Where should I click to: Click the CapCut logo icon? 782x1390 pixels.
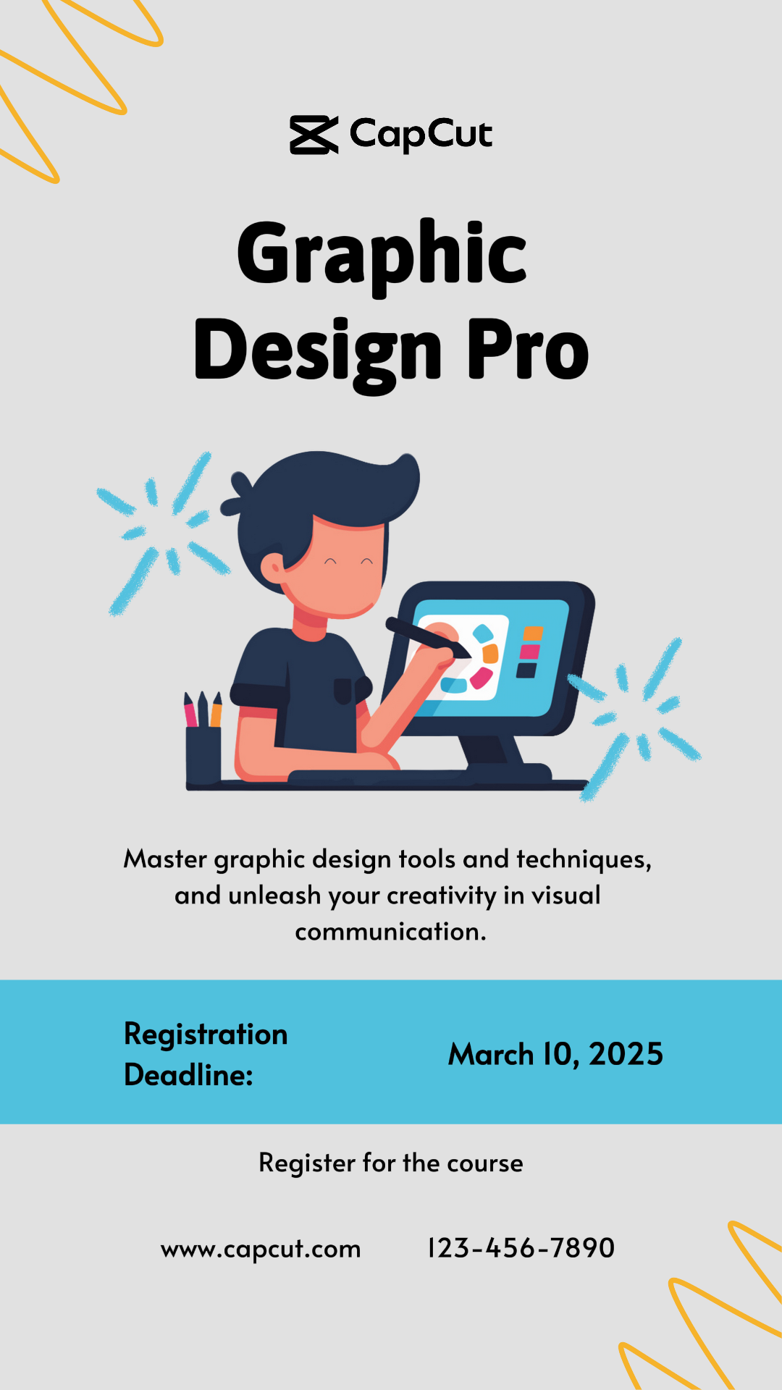point(314,135)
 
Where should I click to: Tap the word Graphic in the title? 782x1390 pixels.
point(382,256)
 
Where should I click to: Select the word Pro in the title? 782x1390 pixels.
point(528,350)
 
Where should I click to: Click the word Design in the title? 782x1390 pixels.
point(318,355)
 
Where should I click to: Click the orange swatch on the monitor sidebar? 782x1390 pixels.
point(533,633)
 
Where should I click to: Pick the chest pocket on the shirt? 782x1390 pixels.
point(343,691)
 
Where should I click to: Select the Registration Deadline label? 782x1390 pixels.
point(206,1054)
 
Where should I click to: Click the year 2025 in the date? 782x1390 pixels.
point(626,1054)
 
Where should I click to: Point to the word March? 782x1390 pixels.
point(491,1054)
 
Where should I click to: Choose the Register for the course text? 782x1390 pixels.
point(391,1163)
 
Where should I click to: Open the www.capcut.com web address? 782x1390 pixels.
point(261,1249)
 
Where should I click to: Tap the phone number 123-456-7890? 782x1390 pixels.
point(521,1247)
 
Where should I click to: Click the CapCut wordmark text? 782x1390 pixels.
point(421,135)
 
